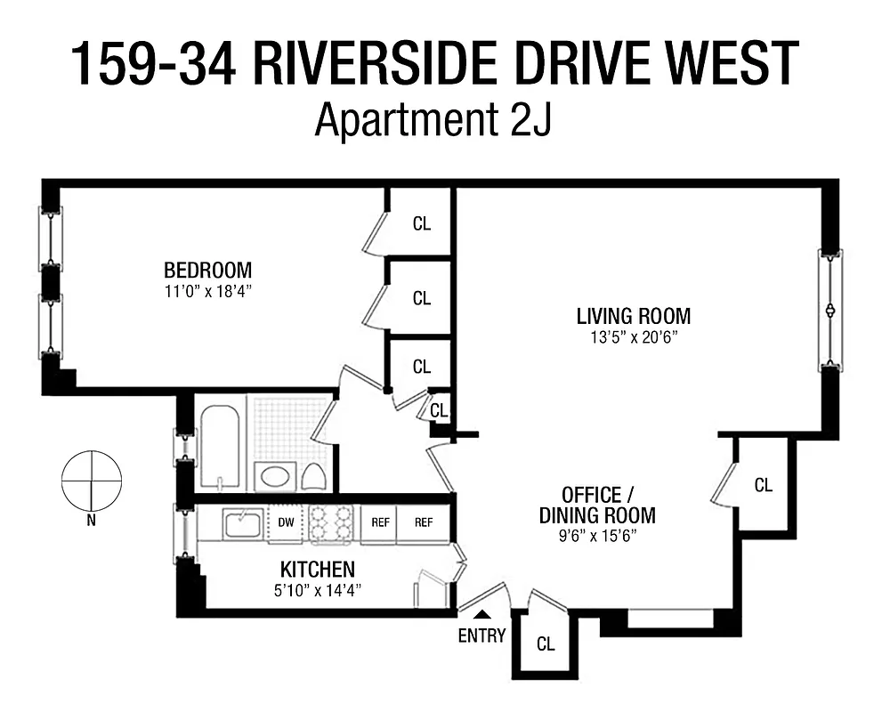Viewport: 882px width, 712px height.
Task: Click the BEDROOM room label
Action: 207,270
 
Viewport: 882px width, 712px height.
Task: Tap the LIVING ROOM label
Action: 633,316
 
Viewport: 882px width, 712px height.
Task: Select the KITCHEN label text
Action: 318,570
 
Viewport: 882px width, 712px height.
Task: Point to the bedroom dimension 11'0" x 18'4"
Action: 207,291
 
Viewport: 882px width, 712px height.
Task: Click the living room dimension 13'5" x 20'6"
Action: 633,337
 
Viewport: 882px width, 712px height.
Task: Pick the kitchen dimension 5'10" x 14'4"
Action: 318,589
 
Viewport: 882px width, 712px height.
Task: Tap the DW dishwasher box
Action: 287,523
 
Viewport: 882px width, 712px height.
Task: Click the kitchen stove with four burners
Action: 332,523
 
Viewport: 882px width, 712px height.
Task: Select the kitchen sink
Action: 242,522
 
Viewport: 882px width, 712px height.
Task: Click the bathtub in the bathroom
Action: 220,446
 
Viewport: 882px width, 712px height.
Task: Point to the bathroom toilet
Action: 312,476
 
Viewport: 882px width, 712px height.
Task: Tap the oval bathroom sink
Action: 272,475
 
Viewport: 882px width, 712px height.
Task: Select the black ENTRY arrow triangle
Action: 481,614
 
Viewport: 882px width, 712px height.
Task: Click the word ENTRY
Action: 481,635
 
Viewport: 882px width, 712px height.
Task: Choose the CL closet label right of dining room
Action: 763,486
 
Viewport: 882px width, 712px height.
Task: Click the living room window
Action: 830,310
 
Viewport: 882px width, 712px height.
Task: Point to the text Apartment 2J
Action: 433,120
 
